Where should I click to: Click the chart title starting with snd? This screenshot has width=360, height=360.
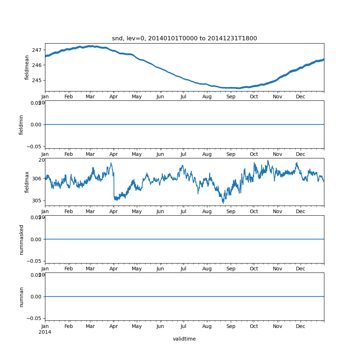coord(184,39)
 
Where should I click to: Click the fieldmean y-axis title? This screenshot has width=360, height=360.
coord(27,67)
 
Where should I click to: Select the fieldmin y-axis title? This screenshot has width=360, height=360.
coord(21,125)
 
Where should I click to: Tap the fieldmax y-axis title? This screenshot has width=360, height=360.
coord(27,182)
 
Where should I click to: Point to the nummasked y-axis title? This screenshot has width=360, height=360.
coord(21,239)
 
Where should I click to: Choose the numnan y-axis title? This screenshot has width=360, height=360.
coord(21,297)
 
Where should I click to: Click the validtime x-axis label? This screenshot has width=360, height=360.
coord(184,339)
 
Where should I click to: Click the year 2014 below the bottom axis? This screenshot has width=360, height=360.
coord(45,332)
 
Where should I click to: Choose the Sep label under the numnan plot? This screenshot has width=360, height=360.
coord(231,327)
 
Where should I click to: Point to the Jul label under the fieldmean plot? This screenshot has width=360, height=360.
coord(184,97)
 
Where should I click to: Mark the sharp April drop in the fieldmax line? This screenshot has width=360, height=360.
coord(114,185)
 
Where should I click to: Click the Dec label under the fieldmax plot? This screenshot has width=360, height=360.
coord(301,212)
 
